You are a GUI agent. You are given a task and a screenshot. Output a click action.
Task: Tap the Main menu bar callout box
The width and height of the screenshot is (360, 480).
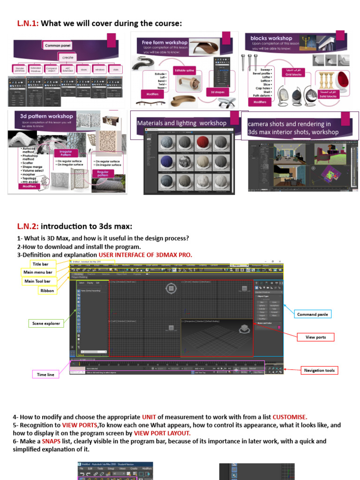[x=37, y=272]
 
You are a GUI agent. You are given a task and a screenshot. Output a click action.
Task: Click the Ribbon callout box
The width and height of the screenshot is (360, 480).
[x=47, y=291]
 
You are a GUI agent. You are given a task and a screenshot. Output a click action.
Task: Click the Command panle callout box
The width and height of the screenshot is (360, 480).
[x=313, y=314]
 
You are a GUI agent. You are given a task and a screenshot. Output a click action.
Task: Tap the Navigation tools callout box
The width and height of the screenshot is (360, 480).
[x=319, y=370]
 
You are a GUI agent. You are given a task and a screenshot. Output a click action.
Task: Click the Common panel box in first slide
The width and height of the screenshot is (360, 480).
[x=58, y=45]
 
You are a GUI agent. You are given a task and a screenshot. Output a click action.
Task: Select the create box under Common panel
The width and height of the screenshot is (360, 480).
[x=67, y=57]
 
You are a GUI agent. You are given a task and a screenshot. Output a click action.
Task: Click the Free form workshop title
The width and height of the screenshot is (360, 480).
[x=165, y=42]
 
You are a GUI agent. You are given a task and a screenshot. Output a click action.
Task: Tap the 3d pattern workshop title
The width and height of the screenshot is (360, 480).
[x=46, y=116]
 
